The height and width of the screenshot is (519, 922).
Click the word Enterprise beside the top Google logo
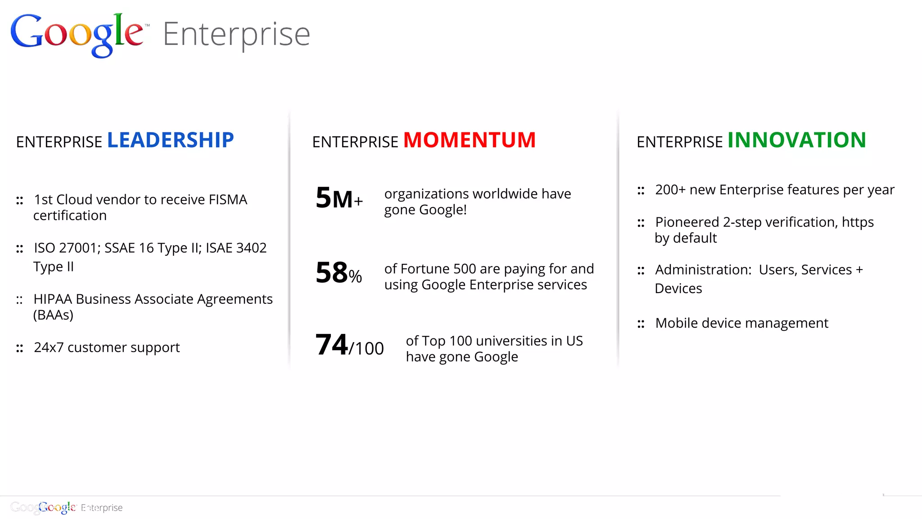click(x=236, y=35)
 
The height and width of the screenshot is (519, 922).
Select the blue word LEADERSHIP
click(x=170, y=140)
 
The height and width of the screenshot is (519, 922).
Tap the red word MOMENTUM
click(x=469, y=140)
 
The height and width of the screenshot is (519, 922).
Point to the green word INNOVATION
click(x=796, y=140)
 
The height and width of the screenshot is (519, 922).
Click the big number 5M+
click(x=339, y=198)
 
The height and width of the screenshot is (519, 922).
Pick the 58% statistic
click(x=339, y=273)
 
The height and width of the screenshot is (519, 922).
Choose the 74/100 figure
click(x=349, y=345)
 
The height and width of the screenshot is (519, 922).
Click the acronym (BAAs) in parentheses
click(x=53, y=315)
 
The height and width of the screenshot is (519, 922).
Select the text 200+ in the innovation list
click(x=670, y=190)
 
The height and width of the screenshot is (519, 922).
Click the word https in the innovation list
click(x=857, y=222)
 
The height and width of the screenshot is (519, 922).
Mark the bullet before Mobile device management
click(x=641, y=324)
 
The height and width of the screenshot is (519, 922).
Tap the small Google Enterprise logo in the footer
click(x=67, y=507)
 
